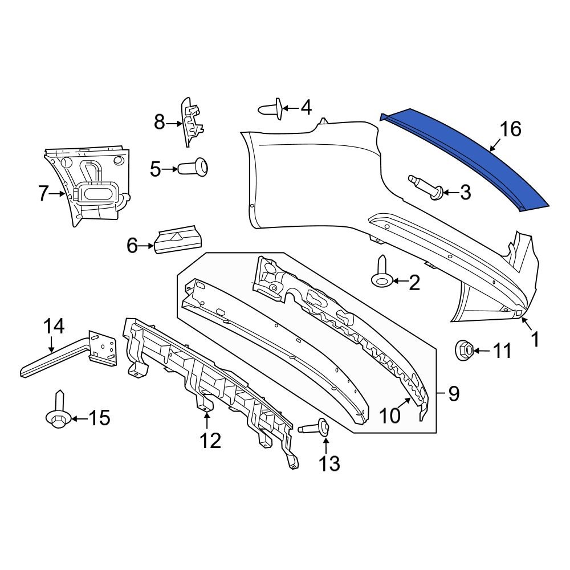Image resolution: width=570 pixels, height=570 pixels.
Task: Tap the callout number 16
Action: (511, 129)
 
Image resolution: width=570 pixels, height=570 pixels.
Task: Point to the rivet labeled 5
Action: (194, 169)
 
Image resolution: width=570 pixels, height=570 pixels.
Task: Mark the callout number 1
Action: (535, 340)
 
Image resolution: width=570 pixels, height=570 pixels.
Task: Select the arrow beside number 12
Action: (207, 421)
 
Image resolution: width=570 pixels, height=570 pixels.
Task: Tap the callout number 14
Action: (54, 327)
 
